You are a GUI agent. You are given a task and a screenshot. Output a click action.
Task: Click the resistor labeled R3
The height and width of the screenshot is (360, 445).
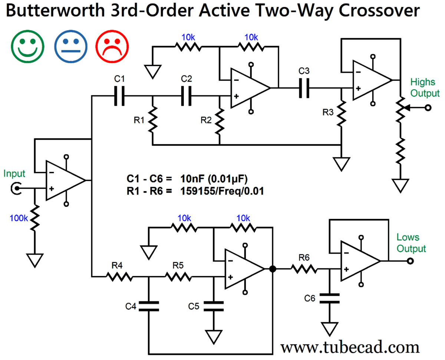point(342,113)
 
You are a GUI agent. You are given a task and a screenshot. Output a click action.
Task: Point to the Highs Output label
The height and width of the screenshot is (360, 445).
point(425,88)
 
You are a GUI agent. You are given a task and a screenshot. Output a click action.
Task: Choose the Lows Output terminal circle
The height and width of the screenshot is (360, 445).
point(410,261)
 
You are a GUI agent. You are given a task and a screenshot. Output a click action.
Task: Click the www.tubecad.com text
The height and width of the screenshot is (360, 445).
point(350,347)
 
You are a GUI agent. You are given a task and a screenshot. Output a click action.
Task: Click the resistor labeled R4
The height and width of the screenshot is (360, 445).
point(119,276)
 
